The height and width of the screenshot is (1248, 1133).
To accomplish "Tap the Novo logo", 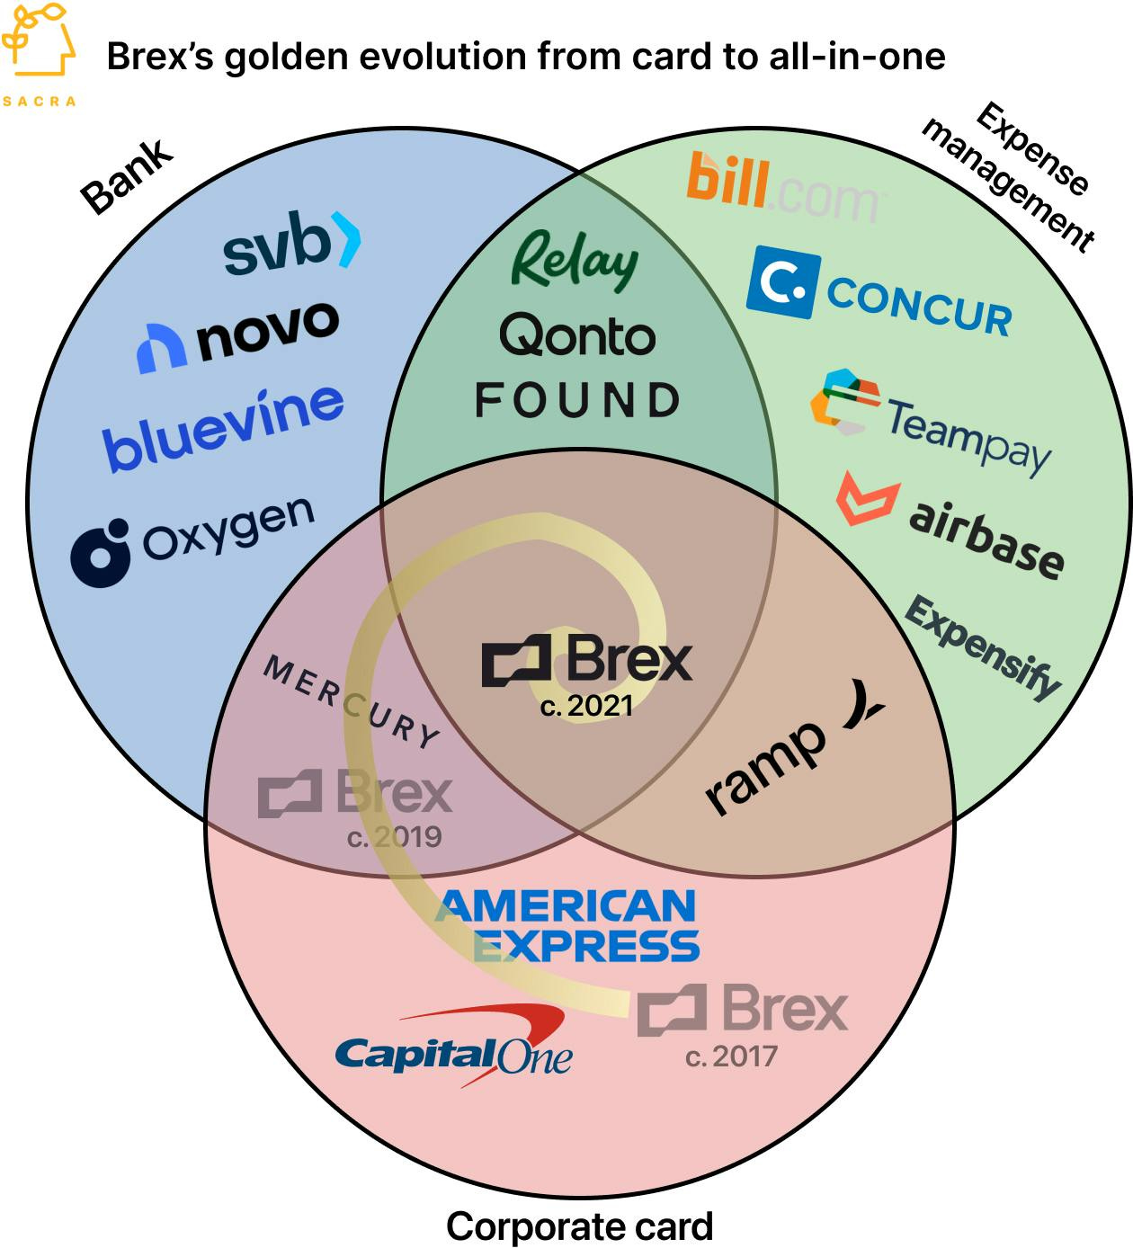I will (x=238, y=335).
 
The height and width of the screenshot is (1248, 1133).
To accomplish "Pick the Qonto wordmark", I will (x=577, y=336).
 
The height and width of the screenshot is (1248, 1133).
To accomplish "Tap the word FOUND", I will (x=577, y=401).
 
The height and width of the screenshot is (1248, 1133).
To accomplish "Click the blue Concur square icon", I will (x=782, y=281).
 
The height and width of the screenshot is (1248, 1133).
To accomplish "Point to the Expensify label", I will (x=983, y=646).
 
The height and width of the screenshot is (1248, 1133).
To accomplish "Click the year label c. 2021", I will (x=586, y=707).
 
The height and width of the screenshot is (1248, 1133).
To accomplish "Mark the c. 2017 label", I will (x=731, y=1056).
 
